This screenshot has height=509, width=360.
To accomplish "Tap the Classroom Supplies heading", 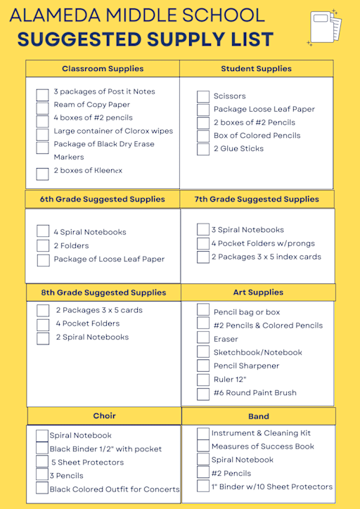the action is [103, 69].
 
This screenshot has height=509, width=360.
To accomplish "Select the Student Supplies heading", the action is [256, 69].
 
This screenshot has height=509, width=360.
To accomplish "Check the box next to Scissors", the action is [203, 96].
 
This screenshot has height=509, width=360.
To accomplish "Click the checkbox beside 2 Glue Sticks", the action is [203, 149].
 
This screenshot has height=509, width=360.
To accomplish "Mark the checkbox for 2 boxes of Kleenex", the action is [43, 173].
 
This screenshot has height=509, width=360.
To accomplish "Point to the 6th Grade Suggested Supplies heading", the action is [103, 199].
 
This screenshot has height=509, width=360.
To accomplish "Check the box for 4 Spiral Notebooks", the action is [43, 231].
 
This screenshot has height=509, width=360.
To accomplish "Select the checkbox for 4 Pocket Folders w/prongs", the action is [203, 243].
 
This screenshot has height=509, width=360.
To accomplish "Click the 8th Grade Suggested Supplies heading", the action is [103, 292].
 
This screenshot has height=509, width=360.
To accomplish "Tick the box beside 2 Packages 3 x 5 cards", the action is [43, 311].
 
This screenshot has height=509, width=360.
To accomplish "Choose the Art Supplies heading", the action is [258, 292].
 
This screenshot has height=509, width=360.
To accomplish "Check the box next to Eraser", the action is [203, 338].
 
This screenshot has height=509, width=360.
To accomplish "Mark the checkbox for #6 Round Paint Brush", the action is [203, 392].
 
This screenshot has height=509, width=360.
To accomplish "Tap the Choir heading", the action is [104, 416].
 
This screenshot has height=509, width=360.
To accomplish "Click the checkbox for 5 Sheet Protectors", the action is [42, 462].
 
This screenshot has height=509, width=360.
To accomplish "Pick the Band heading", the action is [259, 417].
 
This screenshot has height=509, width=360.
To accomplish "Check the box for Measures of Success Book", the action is [203, 446].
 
